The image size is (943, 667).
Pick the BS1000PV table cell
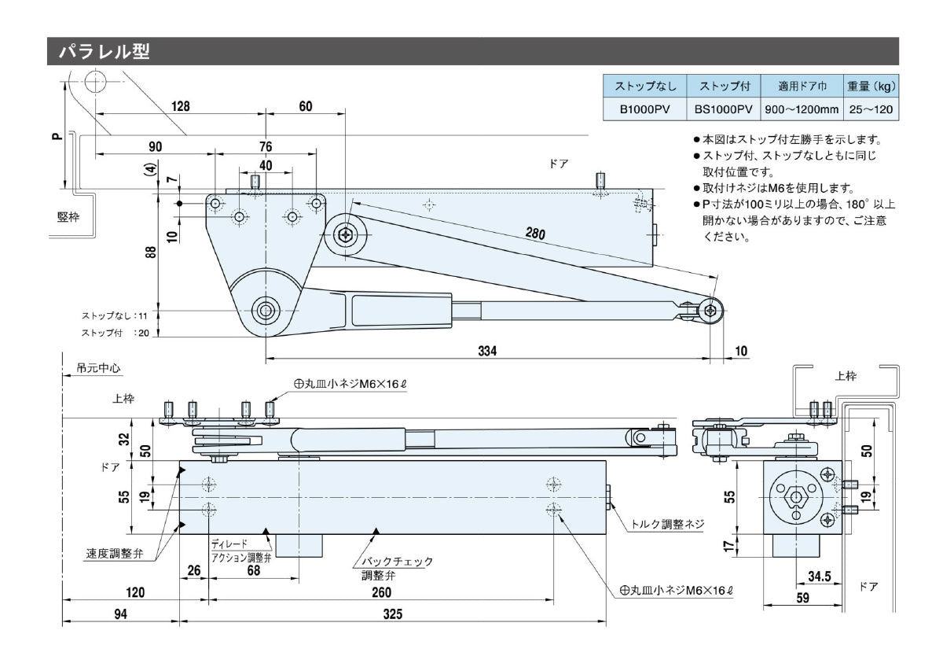pyautogui.click(x=723, y=110)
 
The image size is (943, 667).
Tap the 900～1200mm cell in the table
pyautogui.click(x=801, y=110)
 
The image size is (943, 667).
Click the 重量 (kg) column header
pyautogui.click(x=871, y=86)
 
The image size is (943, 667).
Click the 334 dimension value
pyautogui.click(x=487, y=351)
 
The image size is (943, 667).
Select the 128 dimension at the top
pyautogui.click(x=181, y=106)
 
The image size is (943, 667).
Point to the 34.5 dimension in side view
pyautogui.click(x=820, y=577)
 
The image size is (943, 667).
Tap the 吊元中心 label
pyautogui.click(x=99, y=368)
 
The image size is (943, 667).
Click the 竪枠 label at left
pyautogui.click(x=68, y=217)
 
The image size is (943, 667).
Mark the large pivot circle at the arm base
pyautogui.click(x=266, y=310)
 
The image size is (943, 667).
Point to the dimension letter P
pyautogui.click(x=55, y=135)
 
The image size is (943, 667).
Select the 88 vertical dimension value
pyautogui.click(x=150, y=252)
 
